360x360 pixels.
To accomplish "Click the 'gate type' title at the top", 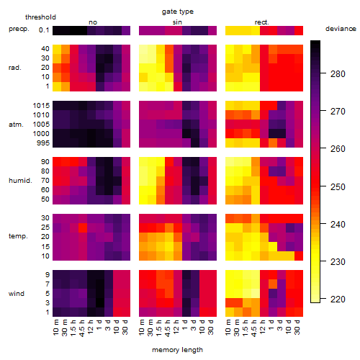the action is [x=178, y=12].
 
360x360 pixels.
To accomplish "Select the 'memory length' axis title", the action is [x=177, y=350].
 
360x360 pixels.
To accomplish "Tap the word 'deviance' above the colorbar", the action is [x=341, y=29].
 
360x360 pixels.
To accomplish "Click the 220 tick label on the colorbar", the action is [x=338, y=299].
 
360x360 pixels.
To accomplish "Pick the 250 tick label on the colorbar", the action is [x=338, y=186].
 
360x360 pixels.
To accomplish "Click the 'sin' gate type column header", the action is [x=177, y=22].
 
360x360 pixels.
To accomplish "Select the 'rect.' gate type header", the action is [x=261, y=22].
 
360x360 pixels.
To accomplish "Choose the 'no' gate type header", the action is [x=93, y=22].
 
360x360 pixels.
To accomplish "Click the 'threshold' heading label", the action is [x=40, y=17].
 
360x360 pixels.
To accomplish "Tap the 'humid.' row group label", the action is [x=20, y=181].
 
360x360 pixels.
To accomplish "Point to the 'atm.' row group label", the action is [x=16, y=125].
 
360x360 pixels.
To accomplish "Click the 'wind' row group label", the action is [x=17, y=293].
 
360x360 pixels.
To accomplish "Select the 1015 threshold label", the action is [x=41, y=106].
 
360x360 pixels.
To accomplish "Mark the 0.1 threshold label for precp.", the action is [x=44, y=30].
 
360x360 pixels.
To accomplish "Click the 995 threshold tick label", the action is [x=43, y=143].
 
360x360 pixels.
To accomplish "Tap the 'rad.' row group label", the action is [x=15, y=68].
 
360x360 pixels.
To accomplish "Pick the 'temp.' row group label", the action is [x=18, y=236].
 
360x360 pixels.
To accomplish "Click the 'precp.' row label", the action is [x=19, y=29].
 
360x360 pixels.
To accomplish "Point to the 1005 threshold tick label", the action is [x=41, y=125].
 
